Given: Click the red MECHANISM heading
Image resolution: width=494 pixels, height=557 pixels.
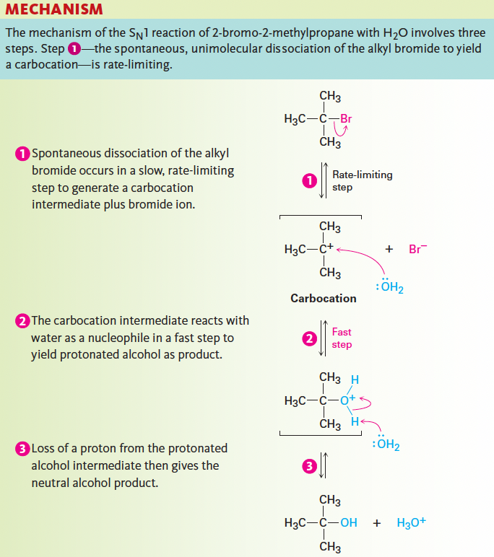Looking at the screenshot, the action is [x=54, y=10].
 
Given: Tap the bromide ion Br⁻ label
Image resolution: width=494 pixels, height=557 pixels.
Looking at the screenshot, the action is [x=417, y=249].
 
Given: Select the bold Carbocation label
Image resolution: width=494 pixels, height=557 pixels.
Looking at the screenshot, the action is [x=323, y=298].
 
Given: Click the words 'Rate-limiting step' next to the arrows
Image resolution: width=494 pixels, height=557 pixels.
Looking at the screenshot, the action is [x=362, y=181].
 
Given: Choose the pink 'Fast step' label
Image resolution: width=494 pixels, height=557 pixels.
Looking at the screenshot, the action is [x=342, y=338].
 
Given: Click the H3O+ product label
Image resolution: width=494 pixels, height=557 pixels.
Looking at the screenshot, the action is [x=412, y=523].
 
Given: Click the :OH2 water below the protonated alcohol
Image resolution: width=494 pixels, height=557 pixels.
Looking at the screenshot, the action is [x=386, y=444].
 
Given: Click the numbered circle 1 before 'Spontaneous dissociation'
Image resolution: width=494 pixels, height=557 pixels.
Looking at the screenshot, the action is [x=22, y=154].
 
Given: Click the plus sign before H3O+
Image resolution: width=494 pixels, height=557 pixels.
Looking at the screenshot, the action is [x=376, y=523].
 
